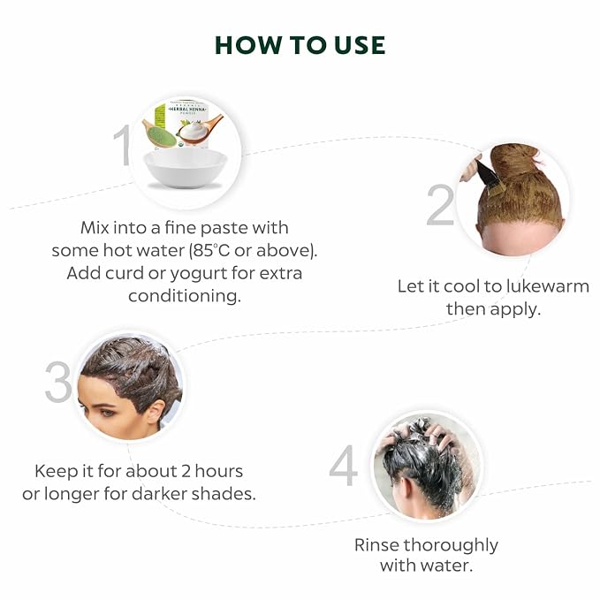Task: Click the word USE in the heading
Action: (360, 45)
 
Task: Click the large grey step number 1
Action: (123, 146)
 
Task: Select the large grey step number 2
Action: (440, 205)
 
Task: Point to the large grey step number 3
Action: (58, 382)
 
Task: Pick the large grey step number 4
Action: (343, 466)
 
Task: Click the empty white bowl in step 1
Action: (186, 168)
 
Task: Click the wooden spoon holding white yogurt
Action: (200, 130)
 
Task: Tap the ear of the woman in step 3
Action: (156, 413)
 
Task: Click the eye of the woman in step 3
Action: (108, 413)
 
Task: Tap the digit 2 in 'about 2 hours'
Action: (186, 471)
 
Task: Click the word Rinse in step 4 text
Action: (376, 545)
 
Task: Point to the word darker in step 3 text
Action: (160, 494)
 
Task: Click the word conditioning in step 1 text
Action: (185, 296)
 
